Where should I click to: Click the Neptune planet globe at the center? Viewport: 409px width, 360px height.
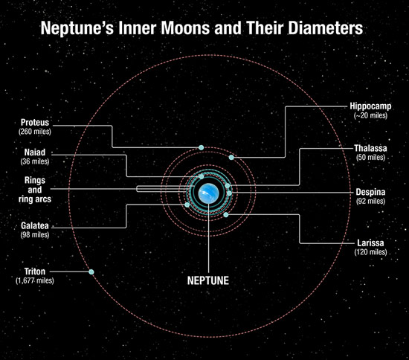click(x=208, y=193)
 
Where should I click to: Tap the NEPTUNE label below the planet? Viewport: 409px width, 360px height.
click(x=208, y=280)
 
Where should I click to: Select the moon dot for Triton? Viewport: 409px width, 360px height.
click(x=91, y=271)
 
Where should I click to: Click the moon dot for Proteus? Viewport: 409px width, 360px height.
click(x=201, y=148)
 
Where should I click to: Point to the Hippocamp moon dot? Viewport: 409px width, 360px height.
click(x=231, y=157)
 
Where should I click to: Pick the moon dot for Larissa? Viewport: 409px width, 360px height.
click(x=226, y=215)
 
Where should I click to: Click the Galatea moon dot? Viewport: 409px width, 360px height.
click(x=187, y=205)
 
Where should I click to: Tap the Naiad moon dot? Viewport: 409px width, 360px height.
click(x=202, y=176)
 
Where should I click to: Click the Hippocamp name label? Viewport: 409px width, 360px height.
click(x=370, y=106)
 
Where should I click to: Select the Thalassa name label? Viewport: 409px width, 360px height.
click(x=370, y=148)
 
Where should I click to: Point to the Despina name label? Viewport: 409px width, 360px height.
click(x=370, y=192)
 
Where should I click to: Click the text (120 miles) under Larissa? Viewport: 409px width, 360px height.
click(x=370, y=252)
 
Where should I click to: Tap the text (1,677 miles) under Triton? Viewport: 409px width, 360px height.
click(x=35, y=280)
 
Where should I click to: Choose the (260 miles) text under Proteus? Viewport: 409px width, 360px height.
click(x=35, y=131)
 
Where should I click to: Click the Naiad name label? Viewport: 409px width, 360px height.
click(x=35, y=152)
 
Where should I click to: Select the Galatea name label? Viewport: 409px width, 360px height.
click(x=35, y=225)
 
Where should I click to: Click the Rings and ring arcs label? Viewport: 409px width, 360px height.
click(x=35, y=190)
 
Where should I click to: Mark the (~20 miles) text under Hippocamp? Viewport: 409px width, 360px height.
click(x=370, y=115)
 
